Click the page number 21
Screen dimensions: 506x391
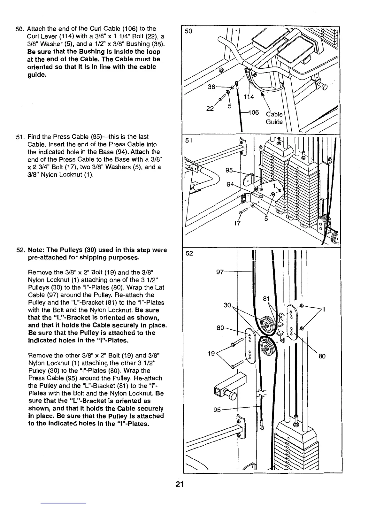click(x=179, y=485)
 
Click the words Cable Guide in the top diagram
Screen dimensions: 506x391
click(x=274, y=118)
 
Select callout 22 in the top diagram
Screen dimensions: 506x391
click(x=210, y=108)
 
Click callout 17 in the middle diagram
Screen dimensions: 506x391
click(x=237, y=223)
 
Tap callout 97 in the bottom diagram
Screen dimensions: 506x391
click(x=220, y=272)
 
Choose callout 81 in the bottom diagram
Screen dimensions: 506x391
click(x=265, y=299)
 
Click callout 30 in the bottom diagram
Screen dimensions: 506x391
click(x=227, y=305)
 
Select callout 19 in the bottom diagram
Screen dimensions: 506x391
click(x=211, y=354)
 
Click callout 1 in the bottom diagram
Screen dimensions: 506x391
click(x=324, y=309)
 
